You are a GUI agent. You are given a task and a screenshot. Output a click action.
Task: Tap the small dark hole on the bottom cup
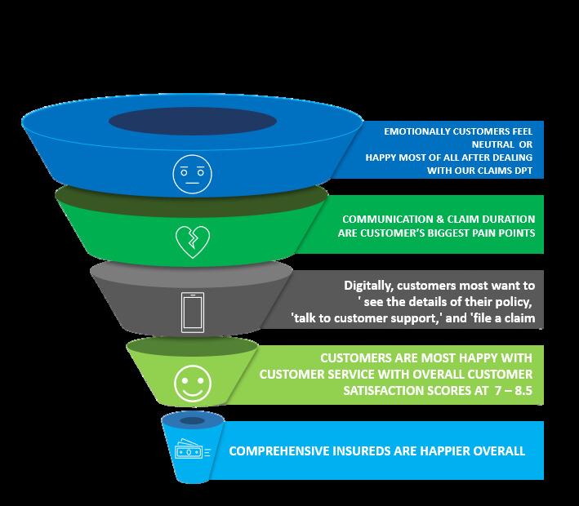193,420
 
